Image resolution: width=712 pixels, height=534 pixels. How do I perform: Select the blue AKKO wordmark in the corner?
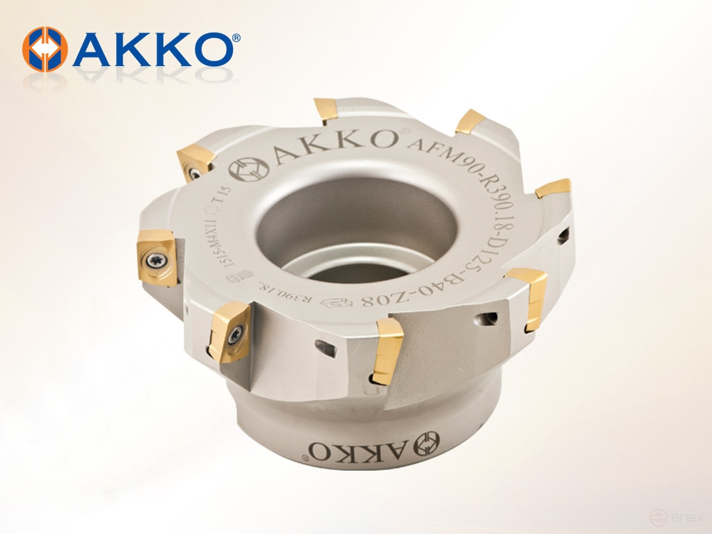tap(150, 49)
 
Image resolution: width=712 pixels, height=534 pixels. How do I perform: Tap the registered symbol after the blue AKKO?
tap(236, 39)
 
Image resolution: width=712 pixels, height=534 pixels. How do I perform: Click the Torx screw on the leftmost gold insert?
tap(155, 258)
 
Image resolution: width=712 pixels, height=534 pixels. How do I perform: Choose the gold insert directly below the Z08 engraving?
tap(385, 351)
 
